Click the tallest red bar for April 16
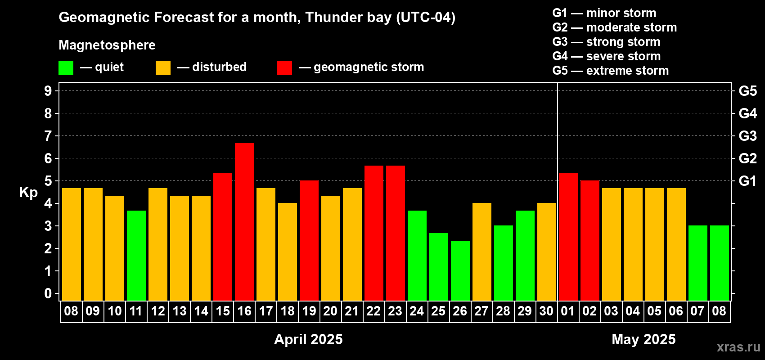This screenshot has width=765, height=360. point(244,222)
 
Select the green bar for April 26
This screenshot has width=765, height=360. point(460,270)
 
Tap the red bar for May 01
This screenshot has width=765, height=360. point(568,237)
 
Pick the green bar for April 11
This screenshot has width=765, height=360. point(136,256)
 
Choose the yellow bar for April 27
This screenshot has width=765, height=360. point(482,252)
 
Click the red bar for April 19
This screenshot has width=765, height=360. point(309,240)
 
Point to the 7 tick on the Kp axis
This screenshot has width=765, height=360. point(48,136)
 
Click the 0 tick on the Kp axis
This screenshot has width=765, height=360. point(48,293)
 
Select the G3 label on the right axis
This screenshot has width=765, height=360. point(747,136)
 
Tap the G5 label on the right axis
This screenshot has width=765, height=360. point(747,91)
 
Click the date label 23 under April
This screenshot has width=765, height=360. point(395,311)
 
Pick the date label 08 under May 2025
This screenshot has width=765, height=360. point(719,311)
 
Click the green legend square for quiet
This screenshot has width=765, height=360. point(66,67)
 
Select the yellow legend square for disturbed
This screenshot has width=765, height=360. point(163,67)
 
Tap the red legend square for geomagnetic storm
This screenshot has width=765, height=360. point(284,67)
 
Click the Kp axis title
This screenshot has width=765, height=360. point(28,193)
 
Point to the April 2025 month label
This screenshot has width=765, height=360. point(308,339)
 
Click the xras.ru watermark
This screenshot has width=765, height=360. point(739,347)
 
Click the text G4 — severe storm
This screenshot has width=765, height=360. point(607,56)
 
